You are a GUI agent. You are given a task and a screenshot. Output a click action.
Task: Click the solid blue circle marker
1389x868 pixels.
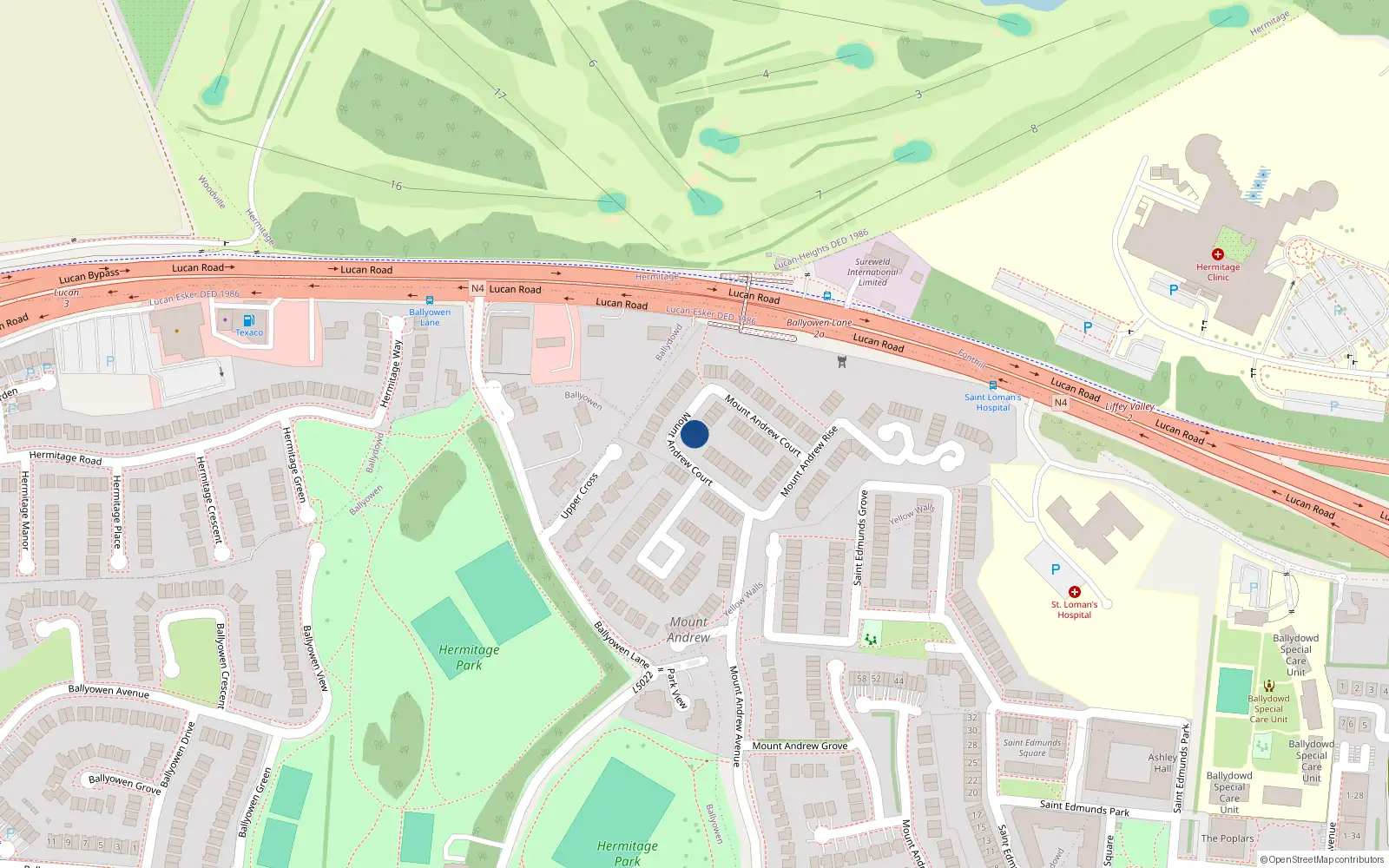click(x=694, y=434)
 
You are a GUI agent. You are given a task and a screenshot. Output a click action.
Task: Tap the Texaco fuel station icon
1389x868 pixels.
click(x=249, y=320)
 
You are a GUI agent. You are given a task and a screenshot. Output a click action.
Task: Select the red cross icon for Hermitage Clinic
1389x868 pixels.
click(x=1217, y=254)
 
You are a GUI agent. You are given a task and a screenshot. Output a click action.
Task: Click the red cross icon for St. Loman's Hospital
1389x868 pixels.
click(x=1074, y=592)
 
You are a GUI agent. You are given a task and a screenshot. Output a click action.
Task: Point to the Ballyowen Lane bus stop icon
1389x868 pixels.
click(x=429, y=300)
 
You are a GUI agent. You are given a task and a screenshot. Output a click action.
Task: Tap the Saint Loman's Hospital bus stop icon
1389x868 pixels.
click(x=992, y=385)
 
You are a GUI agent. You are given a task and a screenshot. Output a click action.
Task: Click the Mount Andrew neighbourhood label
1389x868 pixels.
click(x=688, y=629)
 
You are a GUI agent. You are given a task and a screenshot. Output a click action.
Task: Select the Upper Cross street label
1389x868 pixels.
click(x=579, y=496)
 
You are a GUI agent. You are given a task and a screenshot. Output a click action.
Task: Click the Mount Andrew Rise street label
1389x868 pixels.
click(x=808, y=461)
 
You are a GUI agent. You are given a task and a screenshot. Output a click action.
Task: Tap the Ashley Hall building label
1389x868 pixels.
click(x=1162, y=763)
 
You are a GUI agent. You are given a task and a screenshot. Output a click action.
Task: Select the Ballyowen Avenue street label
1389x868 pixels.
click(x=109, y=691)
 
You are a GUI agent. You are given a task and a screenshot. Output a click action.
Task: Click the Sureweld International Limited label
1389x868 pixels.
click(x=872, y=272)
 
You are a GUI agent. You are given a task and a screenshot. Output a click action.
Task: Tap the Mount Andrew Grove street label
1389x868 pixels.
click(x=800, y=746)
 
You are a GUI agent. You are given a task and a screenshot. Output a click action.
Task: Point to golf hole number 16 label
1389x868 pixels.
click(x=396, y=186)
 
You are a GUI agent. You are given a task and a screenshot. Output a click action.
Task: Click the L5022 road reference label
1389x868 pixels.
click(x=642, y=681)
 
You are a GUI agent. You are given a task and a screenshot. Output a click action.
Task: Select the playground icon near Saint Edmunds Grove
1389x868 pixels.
click(x=870, y=639)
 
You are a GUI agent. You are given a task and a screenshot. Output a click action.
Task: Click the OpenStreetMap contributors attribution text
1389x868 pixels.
click(x=1321, y=859)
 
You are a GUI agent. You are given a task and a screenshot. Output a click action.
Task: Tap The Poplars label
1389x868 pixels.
click(x=1227, y=838)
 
